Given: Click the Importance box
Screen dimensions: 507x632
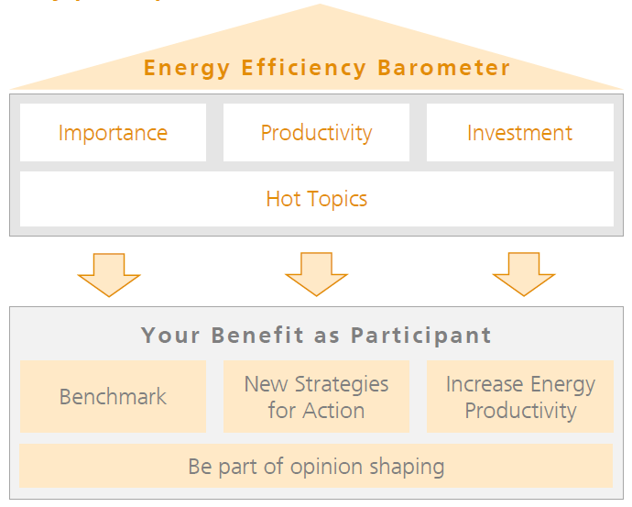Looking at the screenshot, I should [x=113, y=133].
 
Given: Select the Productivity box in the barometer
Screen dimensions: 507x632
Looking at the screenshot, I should [x=316, y=133].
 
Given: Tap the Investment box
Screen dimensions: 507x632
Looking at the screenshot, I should [x=519, y=133].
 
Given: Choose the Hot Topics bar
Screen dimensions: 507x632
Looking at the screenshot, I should [x=316, y=199].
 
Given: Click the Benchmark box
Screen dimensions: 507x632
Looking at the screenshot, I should [x=113, y=397].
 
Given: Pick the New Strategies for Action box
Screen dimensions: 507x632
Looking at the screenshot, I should [x=316, y=397].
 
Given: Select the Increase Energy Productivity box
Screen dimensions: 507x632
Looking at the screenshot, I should [x=519, y=397].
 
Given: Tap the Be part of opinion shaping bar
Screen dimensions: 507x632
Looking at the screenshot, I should [x=316, y=467].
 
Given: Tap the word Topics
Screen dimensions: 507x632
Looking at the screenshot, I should [x=338, y=199].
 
